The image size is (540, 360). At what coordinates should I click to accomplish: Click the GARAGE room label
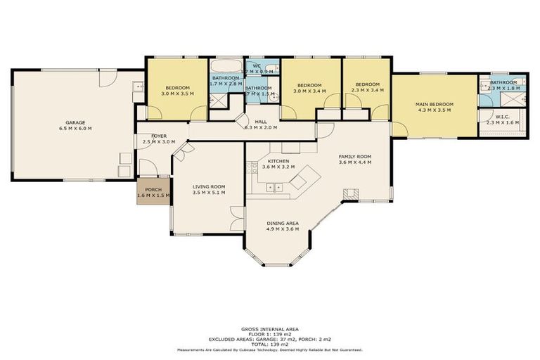pyautogui.click(x=75, y=122)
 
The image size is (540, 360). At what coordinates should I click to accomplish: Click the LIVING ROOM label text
pyautogui.click(x=209, y=186)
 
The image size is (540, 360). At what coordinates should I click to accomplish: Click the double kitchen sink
pyautogui.click(x=275, y=188)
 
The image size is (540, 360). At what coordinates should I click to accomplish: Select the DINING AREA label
pyautogui.click(x=283, y=223)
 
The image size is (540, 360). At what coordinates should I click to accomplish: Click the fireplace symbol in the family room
pyautogui.click(x=349, y=193)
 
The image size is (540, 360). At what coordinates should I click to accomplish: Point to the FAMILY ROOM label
pyautogui.click(x=354, y=156)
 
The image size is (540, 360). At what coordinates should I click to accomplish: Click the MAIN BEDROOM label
pyautogui.click(x=435, y=104)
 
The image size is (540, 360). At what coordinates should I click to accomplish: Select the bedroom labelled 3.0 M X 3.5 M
pyautogui.click(x=176, y=90)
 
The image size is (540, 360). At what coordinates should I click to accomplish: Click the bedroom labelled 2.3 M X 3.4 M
pyautogui.click(x=366, y=87)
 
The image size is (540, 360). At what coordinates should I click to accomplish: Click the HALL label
pyautogui.click(x=261, y=121)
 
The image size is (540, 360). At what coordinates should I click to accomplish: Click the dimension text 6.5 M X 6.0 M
pyautogui.click(x=75, y=129)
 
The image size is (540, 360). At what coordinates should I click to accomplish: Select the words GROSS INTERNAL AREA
pyautogui.click(x=270, y=329)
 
